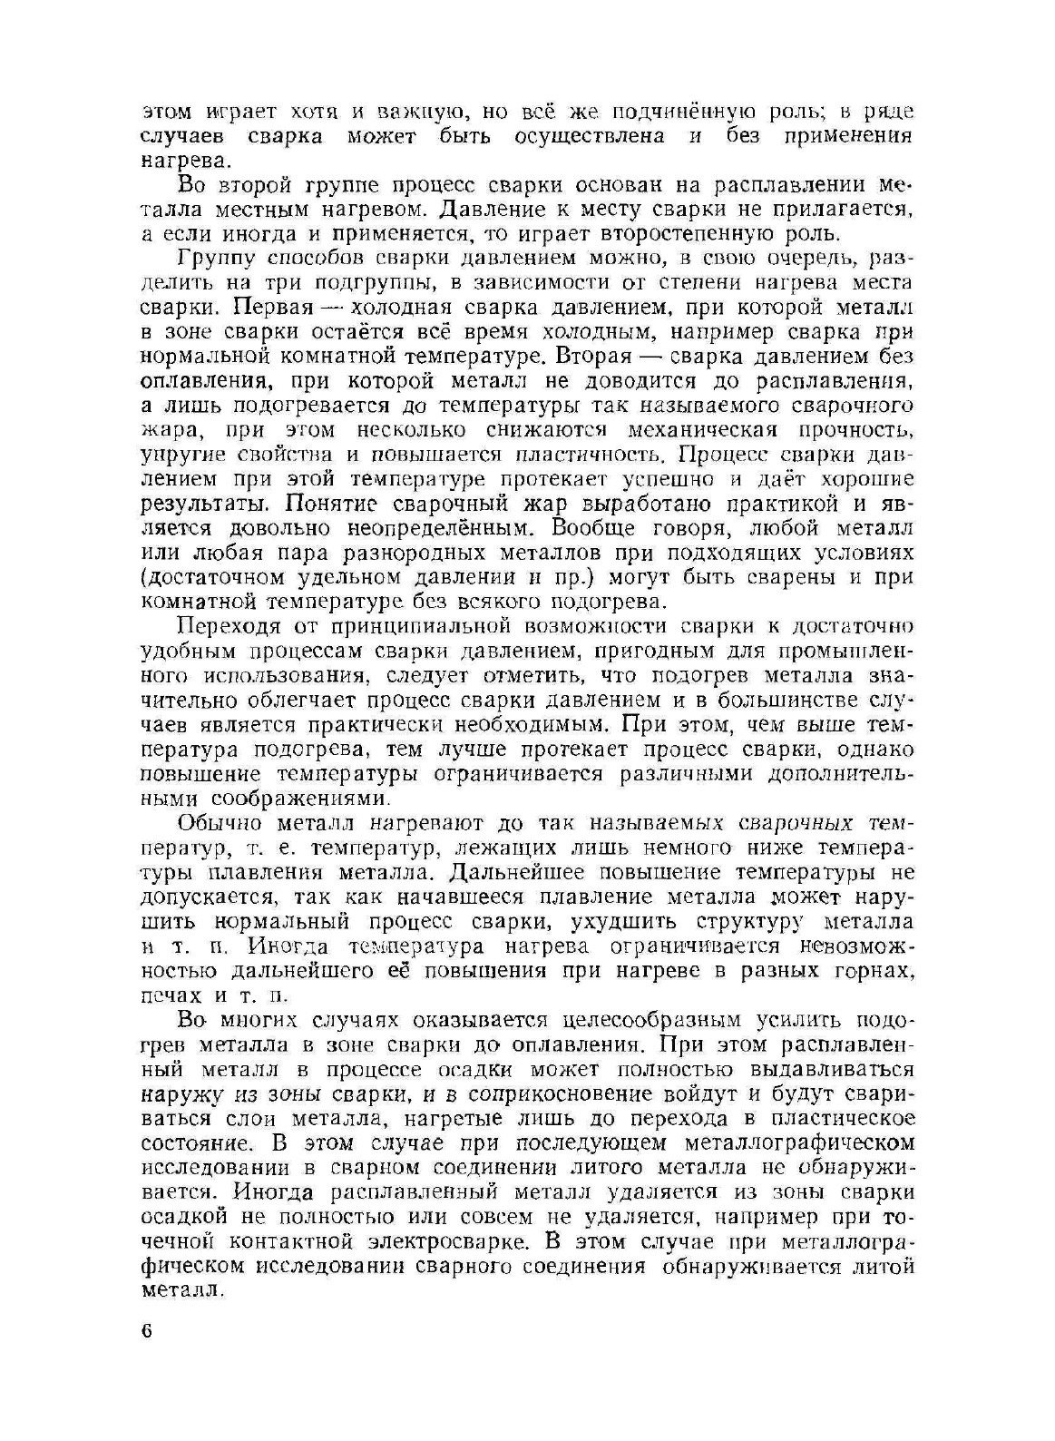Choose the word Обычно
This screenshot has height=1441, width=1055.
point(219,824)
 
